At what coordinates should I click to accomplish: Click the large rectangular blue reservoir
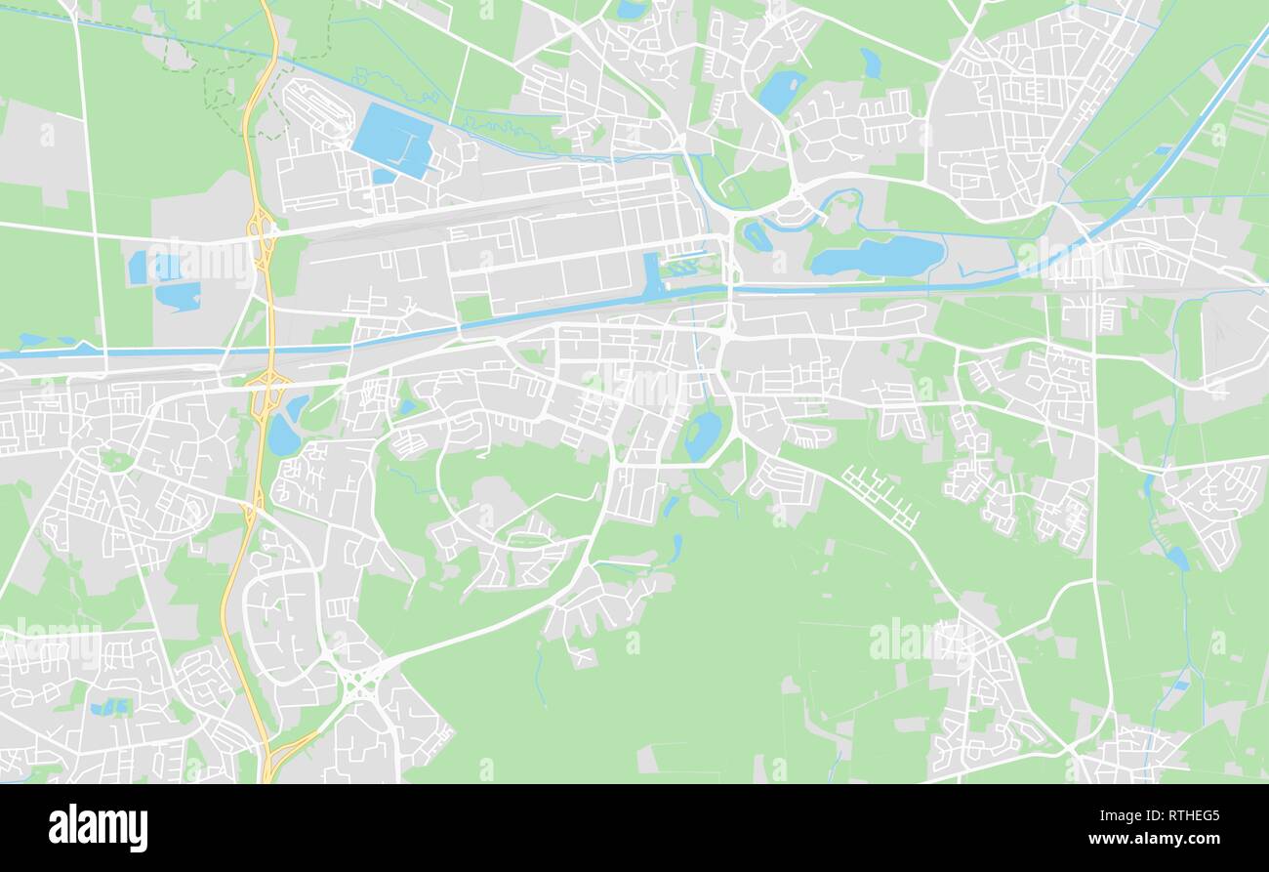pyautogui.click(x=392, y=140)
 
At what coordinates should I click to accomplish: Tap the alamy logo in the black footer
pyautogui.click(x=98, y=828)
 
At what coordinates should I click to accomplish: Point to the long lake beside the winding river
pyautogui.click(x=877, y=256)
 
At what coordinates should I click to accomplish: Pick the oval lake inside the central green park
pyautogui.click(x=702, y=435)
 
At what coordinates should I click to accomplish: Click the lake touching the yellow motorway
pyautogui.click(x=284, y=436)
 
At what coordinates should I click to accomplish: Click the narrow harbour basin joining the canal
pyautogui.click(x=651, y=275)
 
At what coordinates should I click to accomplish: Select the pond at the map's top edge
pyautogui.click(x=632, y=10)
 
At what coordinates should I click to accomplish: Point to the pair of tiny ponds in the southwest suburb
pyautogui.click(x=108, y=707)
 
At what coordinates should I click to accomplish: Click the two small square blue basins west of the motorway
pyautogui.click(x=153, y=267)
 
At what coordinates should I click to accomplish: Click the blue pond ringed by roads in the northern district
pyautogui.click(x=781, y=92)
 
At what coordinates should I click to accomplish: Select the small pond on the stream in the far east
pyautogui.click(x=1177, y=558)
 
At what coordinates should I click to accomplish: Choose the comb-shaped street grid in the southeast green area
pyautogui.click(x=881, y=496)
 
